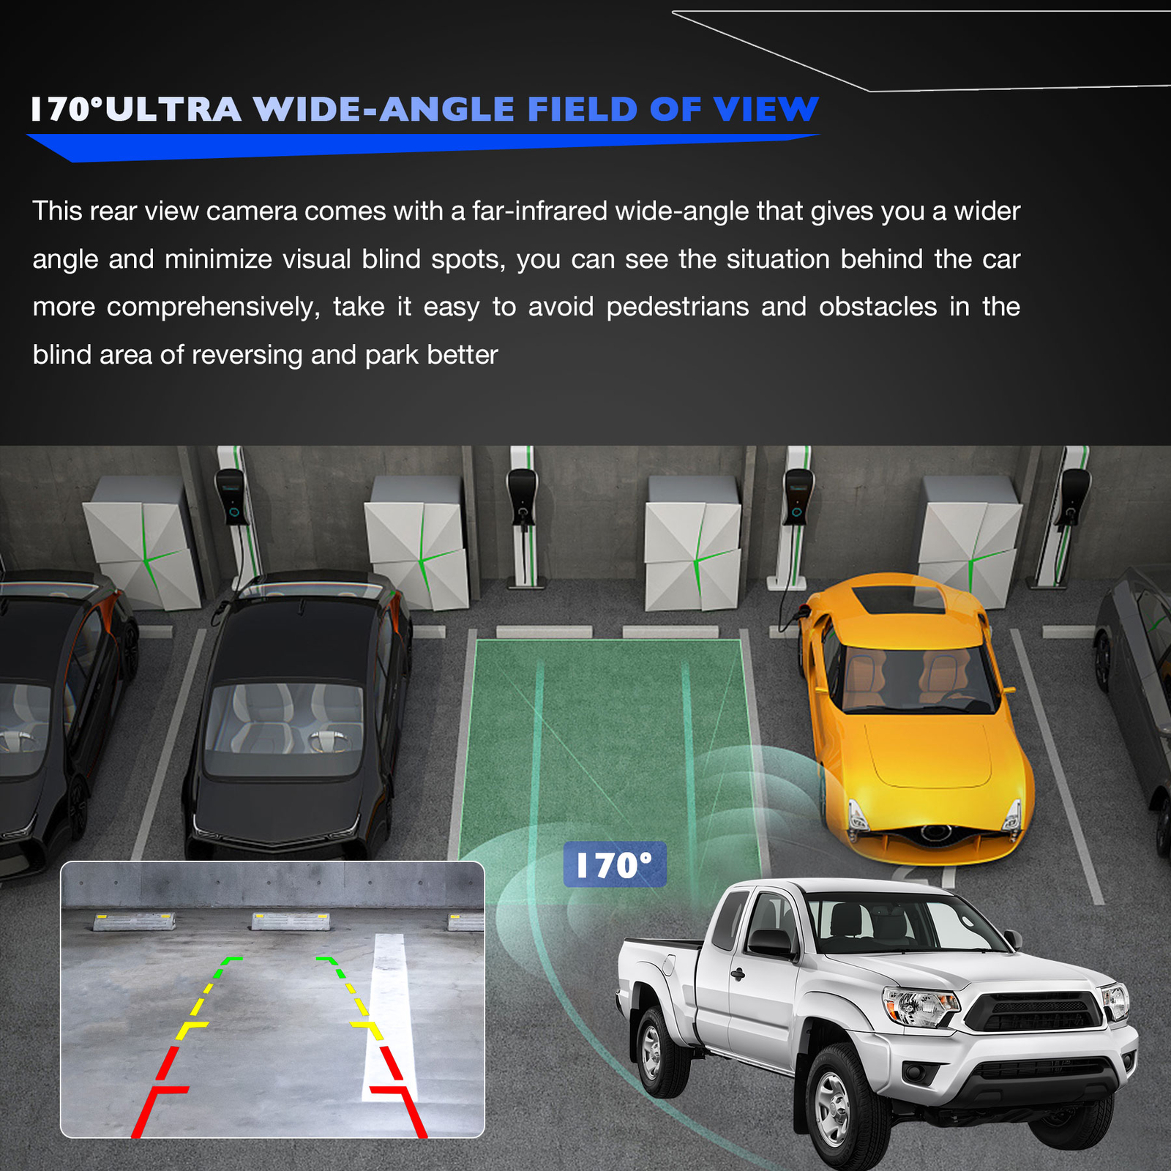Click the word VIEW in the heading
(x=766, y=110)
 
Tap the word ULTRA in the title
(x=173, y=110)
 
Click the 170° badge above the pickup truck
(x=614, y=864)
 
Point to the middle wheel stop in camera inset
(x=291, y=921)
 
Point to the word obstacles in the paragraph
(x=878, y=307)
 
